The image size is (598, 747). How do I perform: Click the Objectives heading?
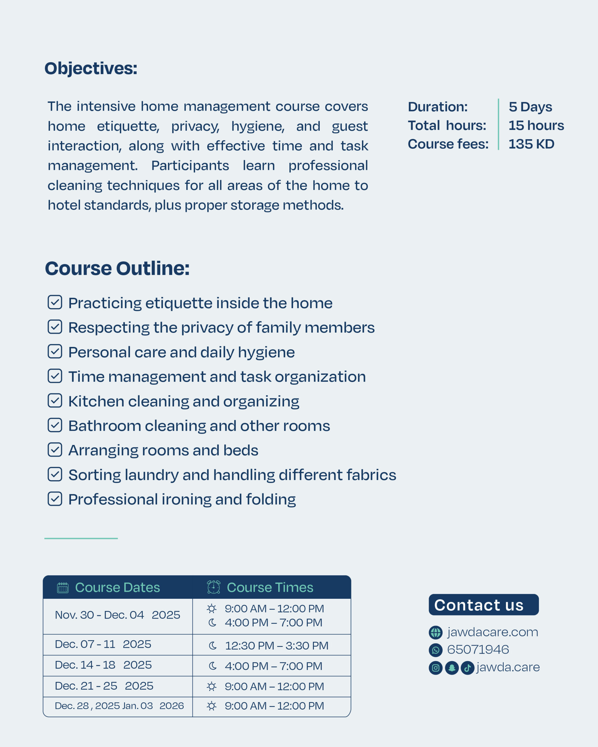91,68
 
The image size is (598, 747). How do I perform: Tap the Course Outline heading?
117,268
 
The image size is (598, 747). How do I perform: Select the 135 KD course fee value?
531,144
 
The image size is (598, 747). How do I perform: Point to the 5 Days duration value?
530,107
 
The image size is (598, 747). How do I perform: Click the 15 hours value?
536,125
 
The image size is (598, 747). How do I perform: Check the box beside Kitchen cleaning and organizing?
55,401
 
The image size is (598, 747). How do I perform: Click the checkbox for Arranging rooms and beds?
55,450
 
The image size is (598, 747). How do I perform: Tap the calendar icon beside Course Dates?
63,588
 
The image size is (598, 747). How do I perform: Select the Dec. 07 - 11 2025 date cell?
103,644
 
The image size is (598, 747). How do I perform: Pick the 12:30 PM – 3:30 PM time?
276,645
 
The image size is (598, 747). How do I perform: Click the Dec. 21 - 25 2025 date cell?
104,686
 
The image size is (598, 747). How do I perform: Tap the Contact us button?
484,605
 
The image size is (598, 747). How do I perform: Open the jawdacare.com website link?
492,632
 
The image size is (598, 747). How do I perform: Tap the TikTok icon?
467,668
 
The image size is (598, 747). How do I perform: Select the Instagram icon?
435,668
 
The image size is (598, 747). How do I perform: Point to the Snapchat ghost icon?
452,668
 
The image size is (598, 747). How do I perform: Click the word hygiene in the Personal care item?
266,353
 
